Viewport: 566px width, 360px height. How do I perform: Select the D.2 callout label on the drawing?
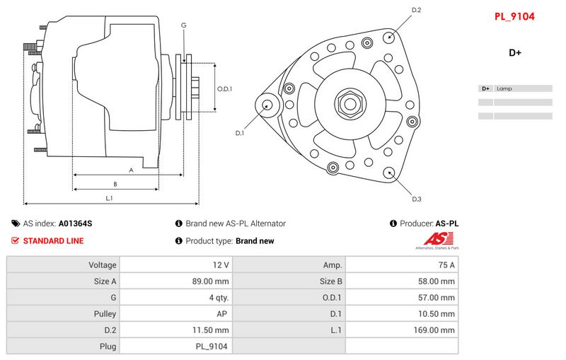click(x=417, y=10)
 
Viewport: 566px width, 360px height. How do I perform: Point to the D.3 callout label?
click(x=417, y=199)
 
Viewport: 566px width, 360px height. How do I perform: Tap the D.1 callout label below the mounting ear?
click(x=239, y=133)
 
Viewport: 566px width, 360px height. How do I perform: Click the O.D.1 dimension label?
click(x=224, y=89)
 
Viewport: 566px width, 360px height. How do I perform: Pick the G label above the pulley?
click(x=184, y=25)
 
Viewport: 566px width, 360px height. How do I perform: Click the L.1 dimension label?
click(x=109, y=198)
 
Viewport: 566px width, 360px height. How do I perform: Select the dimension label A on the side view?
click(x=131, y=170)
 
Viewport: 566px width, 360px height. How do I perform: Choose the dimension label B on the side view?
click(x=115, y=184)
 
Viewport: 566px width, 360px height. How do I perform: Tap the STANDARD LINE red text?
click(x=53, y=240)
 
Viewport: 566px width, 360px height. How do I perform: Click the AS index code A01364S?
click(x=75, y=223)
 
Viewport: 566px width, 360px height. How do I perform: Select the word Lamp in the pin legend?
click(x=504, y=89)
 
